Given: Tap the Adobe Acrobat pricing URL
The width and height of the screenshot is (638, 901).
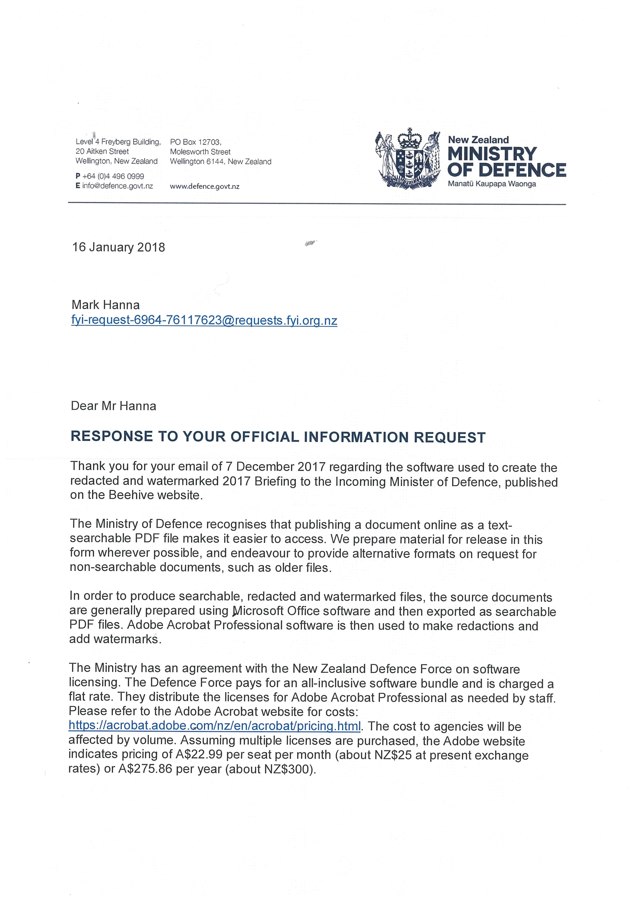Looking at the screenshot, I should pyautogui.click(x=214, y=726).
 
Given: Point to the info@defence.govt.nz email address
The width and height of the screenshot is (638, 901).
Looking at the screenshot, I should pyautogui.click(x=117, y=186).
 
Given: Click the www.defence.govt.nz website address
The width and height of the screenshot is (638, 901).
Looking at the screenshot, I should pyautogui.click(x=204, y=187).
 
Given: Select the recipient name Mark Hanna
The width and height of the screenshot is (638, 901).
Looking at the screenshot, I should pyautogui.click(x=105, y=305).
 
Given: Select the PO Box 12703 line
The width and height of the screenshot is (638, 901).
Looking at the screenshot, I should pyautogui.click(x=196, y=142).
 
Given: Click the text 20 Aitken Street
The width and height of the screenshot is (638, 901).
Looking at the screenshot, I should pyautogui.click(x=102, y=151).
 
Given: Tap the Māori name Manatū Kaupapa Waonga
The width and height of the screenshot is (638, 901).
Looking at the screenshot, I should pyautogui.click(x=492, y=184).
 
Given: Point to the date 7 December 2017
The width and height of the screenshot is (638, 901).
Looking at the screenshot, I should pyautogui.click(x=275, y=467).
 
